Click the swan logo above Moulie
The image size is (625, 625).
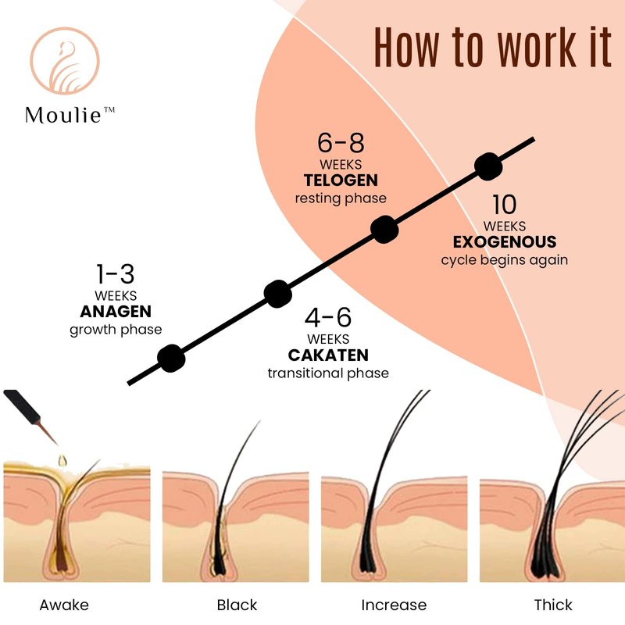point(65,61)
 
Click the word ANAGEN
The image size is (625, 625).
point(116,311)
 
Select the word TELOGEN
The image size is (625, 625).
point(341,180)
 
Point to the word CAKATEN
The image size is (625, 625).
point(328,355)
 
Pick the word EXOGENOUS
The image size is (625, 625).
point(505,242)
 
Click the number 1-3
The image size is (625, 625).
point(116,274)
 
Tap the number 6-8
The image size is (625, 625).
point(341,143)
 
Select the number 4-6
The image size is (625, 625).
point(328,317)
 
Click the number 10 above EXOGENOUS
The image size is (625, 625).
point(505,205)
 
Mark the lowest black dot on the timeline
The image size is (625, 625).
point(171,359)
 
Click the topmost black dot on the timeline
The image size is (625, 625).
point(488,166)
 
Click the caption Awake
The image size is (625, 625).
point(64,605)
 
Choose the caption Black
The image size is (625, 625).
point(237,605)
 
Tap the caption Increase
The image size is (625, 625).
point(394,605)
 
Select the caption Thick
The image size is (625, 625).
point(553,605)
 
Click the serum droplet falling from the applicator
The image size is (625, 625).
point(62,461)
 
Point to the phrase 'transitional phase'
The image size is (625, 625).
point(328,373)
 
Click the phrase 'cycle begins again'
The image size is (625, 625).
point(505,260)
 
